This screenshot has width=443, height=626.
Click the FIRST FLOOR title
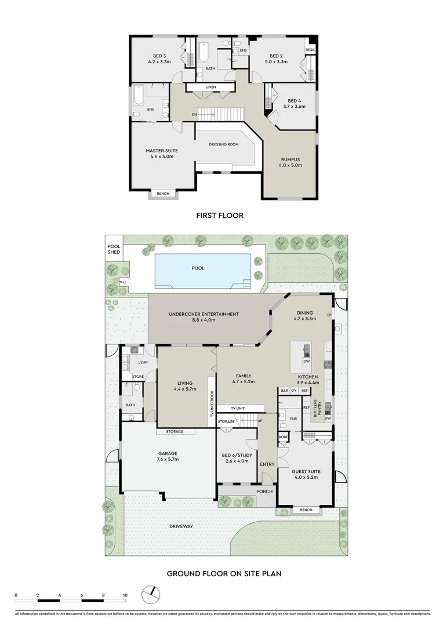click(219, 216)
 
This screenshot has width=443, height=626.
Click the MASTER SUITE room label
click(162, 151)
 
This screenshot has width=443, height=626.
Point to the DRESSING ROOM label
click(224, 144)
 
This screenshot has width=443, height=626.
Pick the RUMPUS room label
click(291, 159)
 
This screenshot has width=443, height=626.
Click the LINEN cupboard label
click(210, 88)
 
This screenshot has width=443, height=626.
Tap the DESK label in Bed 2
click(310, 50)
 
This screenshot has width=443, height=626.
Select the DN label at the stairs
click(195, 114)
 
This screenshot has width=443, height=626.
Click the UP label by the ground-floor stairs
click(259, 421)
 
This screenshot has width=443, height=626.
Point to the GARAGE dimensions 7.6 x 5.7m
click(168, 459)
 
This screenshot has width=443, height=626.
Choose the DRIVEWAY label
click(181, 526)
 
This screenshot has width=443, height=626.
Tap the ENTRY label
click(267, 464)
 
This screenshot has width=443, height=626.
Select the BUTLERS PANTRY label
click(318, 407)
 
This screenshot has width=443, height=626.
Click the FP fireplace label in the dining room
click(329, 315)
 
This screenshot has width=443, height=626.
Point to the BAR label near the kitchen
click(285, 391)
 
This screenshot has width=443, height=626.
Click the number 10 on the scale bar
click(125, 595)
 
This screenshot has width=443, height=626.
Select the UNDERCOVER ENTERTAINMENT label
click(203, 315)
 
